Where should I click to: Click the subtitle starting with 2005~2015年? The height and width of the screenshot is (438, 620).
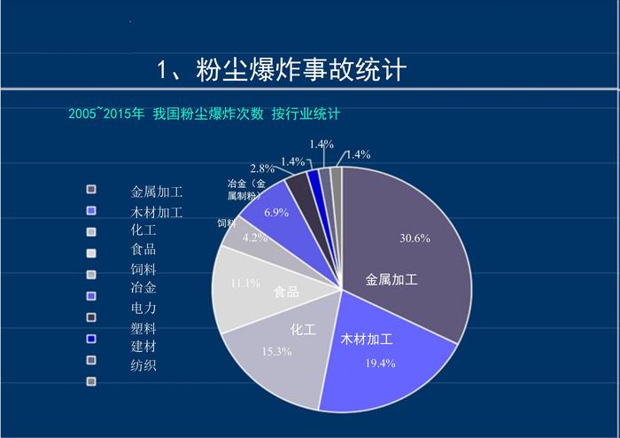(205, 114)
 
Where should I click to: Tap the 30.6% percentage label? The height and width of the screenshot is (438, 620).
(415, 238)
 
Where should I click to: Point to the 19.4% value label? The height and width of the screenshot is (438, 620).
(380, 364)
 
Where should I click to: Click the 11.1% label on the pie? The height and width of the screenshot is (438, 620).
(244, 284)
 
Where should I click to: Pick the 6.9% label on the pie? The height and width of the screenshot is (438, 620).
(276, 213)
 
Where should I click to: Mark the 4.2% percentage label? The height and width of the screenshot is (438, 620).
(254, 238)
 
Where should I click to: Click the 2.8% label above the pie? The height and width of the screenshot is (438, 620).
(261, 168)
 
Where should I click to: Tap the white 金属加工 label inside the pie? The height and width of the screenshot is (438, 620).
(391, 279)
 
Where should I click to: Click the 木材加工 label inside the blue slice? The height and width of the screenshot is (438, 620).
(367, 340)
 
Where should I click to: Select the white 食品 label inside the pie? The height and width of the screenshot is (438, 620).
(286, 292)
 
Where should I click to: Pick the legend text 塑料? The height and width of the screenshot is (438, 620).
(143, 327)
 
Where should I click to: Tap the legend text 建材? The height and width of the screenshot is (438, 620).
(143, 346)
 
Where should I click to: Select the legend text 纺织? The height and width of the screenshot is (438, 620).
(143, 364)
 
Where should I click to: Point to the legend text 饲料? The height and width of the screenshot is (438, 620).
(143, 269)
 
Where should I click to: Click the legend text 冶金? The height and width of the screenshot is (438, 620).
(143, 287)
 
